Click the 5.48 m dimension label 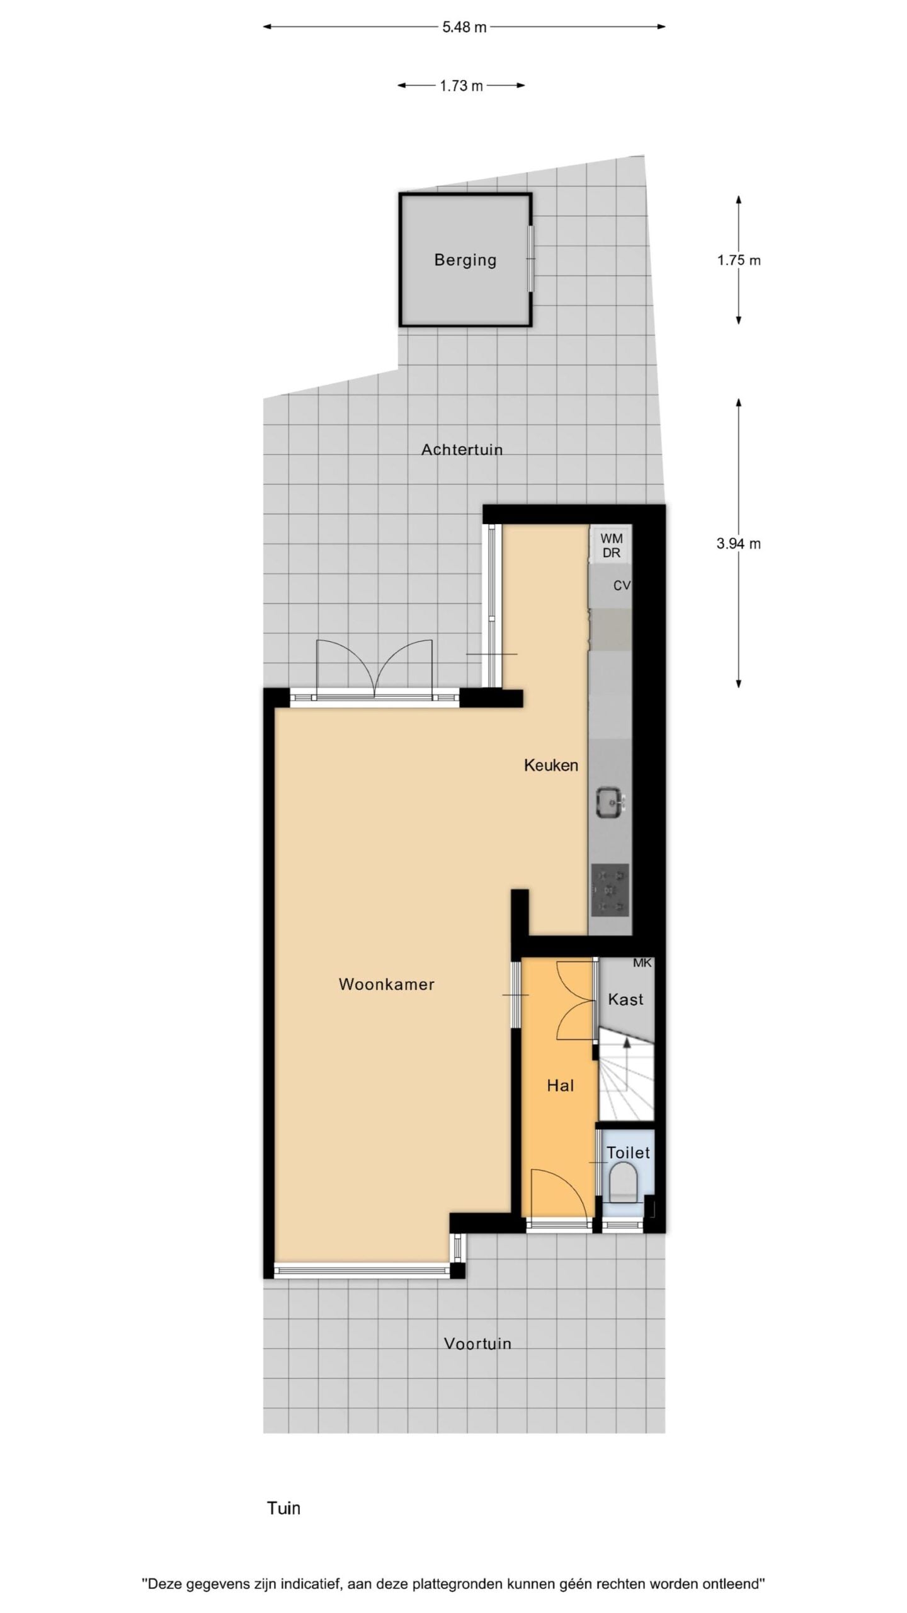464,27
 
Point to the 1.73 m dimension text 461,86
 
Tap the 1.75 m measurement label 739,260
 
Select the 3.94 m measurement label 739,543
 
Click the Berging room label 465,260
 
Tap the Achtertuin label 462,449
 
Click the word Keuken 551,765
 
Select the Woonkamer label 387,984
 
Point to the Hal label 561,1086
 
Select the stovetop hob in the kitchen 610,890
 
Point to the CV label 622,586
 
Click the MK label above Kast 642,963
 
